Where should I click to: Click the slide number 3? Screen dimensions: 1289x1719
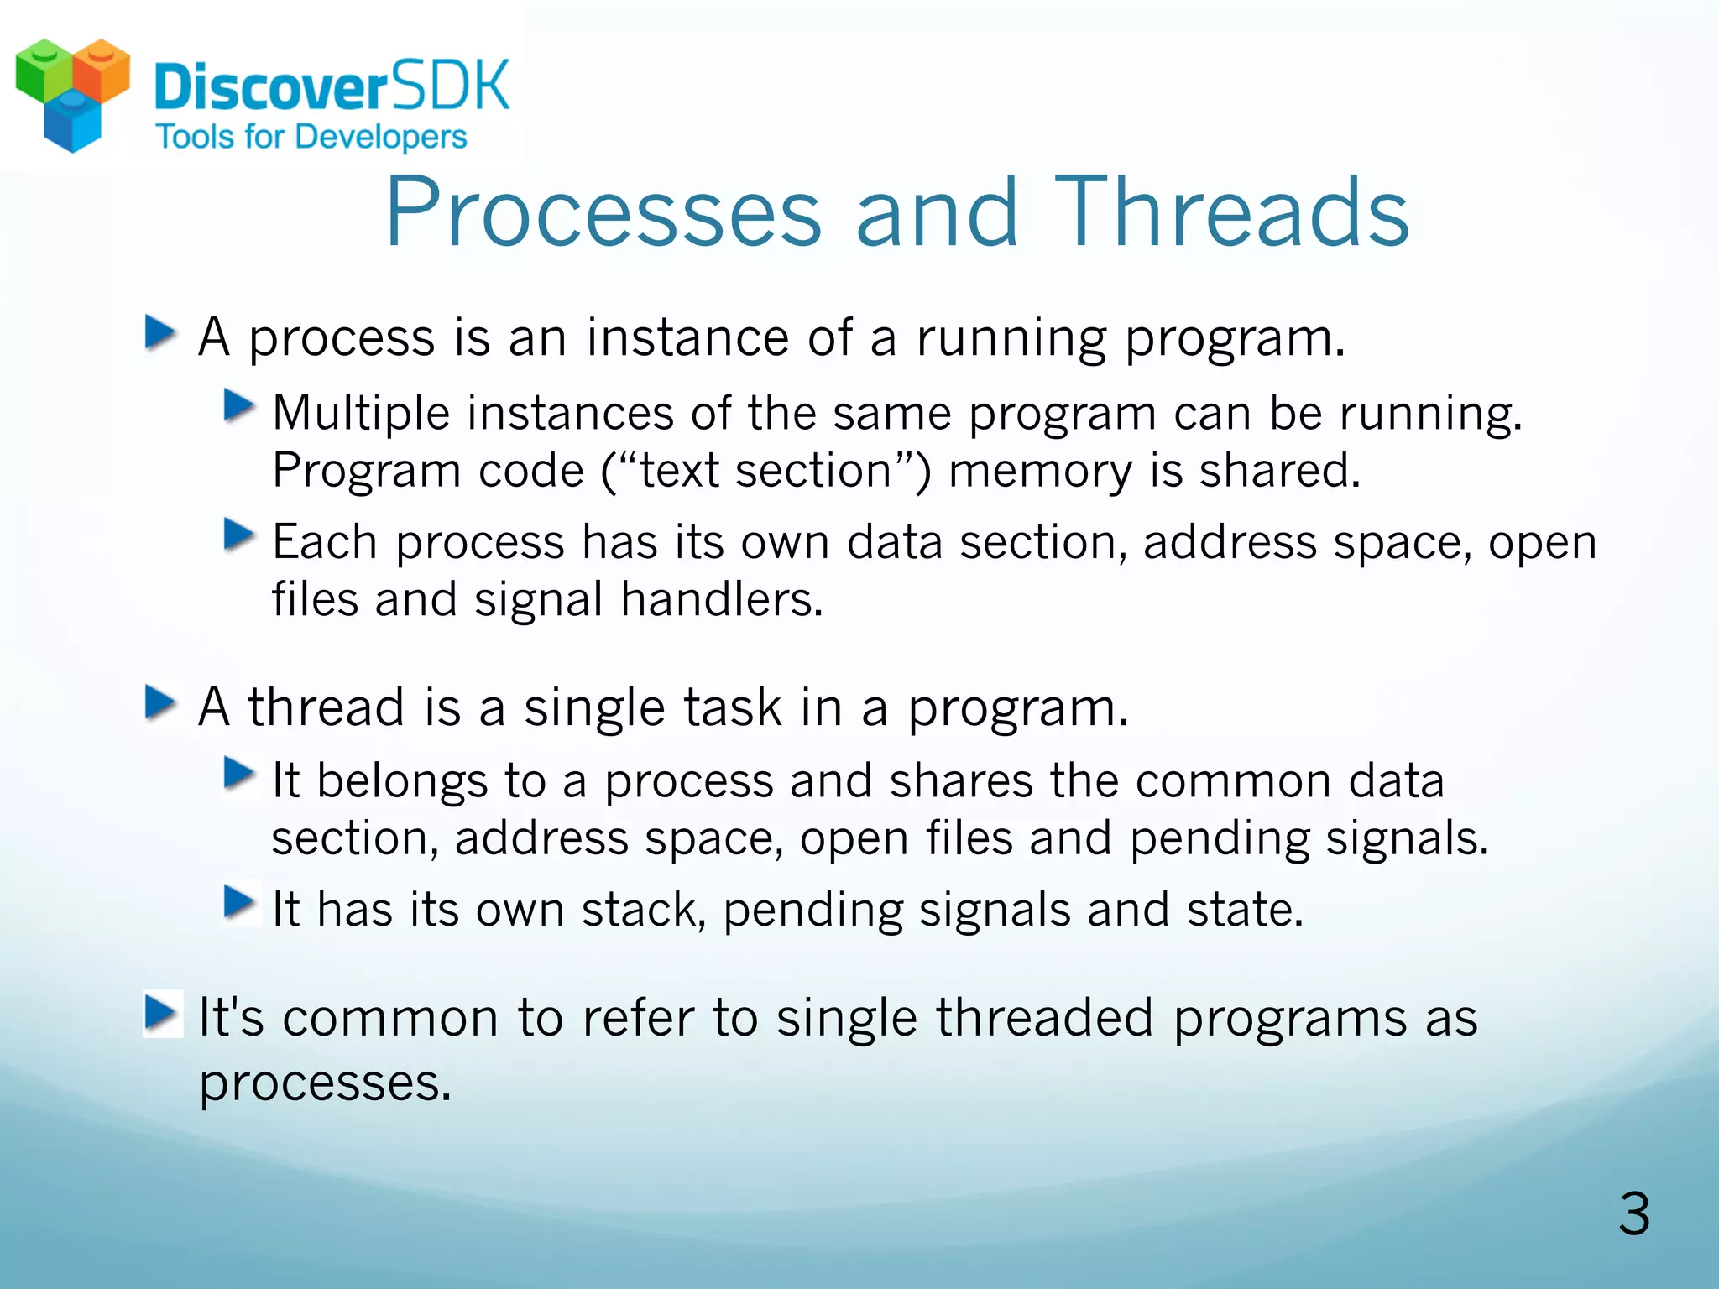coord(1633,1213)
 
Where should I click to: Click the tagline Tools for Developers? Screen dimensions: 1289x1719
coord(311,137)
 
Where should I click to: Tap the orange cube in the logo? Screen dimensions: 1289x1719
coord(102,69)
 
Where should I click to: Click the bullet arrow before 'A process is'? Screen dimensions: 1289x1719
coord(159,334)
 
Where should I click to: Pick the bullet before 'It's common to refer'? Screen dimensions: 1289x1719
coord(161,1014)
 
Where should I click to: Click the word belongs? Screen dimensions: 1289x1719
coord(402,780)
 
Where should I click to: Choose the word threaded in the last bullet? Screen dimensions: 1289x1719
coord(1044,1018)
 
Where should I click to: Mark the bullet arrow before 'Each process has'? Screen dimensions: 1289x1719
coord(238,535)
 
